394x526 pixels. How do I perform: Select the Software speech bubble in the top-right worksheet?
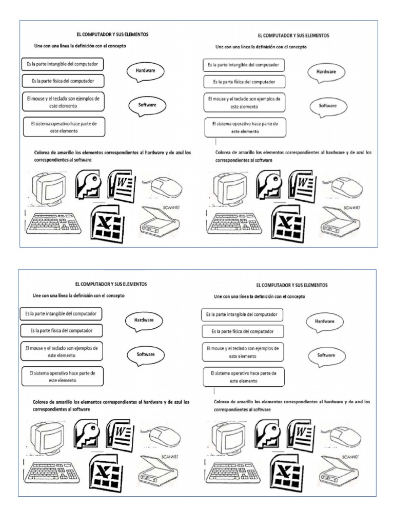coord(327,106)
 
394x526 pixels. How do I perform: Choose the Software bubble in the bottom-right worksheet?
coord(326,355)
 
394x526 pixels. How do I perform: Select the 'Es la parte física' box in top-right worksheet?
coord(245,82)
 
